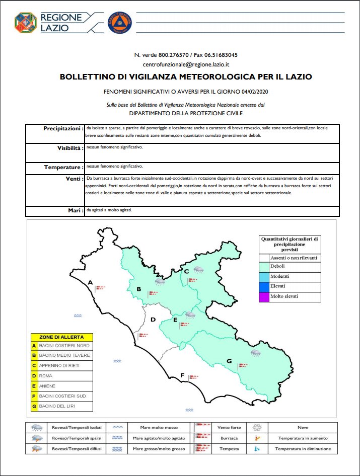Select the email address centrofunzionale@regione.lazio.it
[186, 64]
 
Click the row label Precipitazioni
[63, 129]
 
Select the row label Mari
[76, 210]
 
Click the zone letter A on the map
[90, 283]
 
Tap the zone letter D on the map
[153, 320]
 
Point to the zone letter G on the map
[229, 361]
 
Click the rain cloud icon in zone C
[199, 269]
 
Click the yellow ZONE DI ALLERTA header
[61, 336]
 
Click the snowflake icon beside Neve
[257, 428]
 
